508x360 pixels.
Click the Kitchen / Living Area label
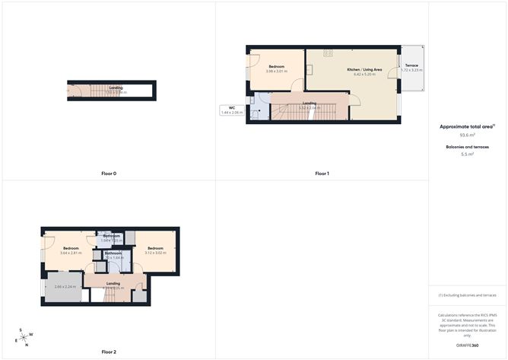[x=362, y=69]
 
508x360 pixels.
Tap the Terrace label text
[x=411, y=65]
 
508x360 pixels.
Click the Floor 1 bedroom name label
[x=276, y=66]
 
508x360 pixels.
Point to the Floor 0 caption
[x=109, y=174]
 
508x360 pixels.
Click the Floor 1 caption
[x=322, y=174]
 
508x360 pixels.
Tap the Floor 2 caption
[x=109, y=352]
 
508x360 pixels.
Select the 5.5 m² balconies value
[x=468, y=155]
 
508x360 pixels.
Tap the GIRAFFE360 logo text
[x=468, y=346]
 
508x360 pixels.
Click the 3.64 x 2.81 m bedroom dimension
[x=71, y=253]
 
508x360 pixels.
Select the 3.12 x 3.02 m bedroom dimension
[x=155, y=253]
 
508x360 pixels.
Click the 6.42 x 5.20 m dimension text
[x=362, y=74]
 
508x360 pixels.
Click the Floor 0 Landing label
[x=116, y=88]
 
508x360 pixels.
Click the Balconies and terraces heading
[x=467, y=146]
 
